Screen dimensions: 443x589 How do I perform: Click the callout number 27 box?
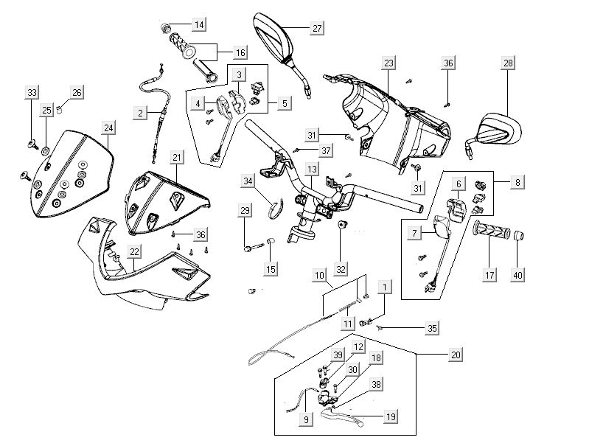pyautogui.click(x=316, y=29)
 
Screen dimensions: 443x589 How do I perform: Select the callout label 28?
pyautogui.click(x=508, y=63)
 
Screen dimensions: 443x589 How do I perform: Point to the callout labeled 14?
pyautogui.click(x=198, y=25)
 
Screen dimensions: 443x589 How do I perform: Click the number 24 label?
pyautogui.click(x=108, y=128)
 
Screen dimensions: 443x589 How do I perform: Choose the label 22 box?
pyautogui.click(x=134, y=251)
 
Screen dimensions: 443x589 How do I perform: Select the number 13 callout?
pyautogui.click(x=313, y=170)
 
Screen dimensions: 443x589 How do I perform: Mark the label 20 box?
pyautogui.click(x=456, y=354)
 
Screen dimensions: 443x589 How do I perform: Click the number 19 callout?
pyautogui.click(x=391, y=416)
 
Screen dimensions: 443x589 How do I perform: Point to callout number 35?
pyautogui.click(x=433, y=327)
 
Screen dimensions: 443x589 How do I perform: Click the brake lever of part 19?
pyautogui.click(x=346, y=421)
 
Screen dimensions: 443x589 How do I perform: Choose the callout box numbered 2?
pyautogui.click(x=140, y=113)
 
